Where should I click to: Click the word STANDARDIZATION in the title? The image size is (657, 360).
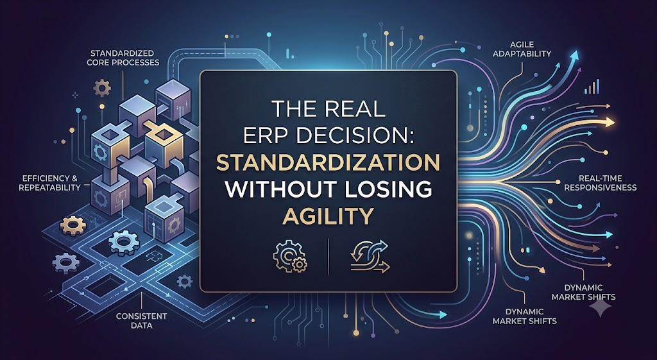click(328, 164)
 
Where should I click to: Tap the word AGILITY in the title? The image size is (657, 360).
click(328, 216)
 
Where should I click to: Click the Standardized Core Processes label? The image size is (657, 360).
click(123, 58)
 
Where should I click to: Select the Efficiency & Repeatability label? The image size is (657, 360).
click(49, 183)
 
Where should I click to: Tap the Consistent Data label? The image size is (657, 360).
click(141, 320)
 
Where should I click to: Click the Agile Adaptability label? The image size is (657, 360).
click(524, 49)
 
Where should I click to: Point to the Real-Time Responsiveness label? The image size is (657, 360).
click(600, 183)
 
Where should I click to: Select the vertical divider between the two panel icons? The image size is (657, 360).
click(328, 256)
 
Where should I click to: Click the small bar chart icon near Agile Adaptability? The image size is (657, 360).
click(591, 87)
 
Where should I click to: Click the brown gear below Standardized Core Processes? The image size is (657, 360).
click(102, 88)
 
